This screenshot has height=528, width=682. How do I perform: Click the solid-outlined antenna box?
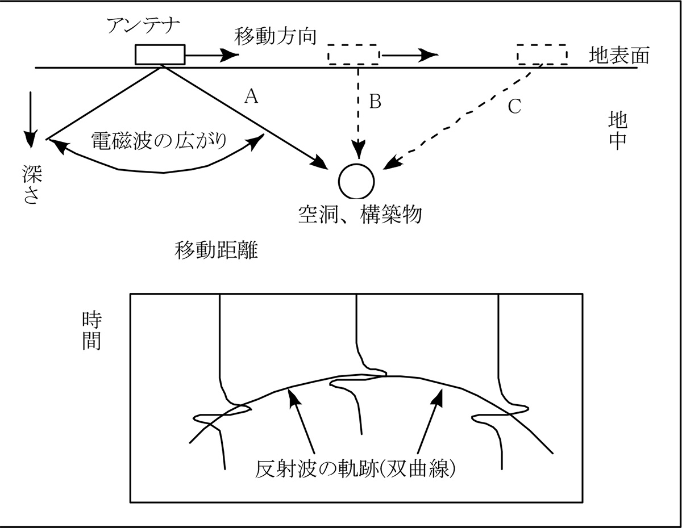[160, 55]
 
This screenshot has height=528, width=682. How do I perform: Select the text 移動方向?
[275, 37]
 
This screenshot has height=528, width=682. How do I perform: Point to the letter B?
[375, 102]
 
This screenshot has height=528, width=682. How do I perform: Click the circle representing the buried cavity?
[356, 181]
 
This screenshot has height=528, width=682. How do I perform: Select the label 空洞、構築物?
[360, 214]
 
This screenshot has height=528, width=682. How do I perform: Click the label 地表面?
[619, 56]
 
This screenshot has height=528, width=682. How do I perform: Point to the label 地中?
[617, 130]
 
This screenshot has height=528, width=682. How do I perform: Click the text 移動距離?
[217, 250]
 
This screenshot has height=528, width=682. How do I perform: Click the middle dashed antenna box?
[354, 55]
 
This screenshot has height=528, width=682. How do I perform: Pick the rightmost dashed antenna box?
[542, 55]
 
